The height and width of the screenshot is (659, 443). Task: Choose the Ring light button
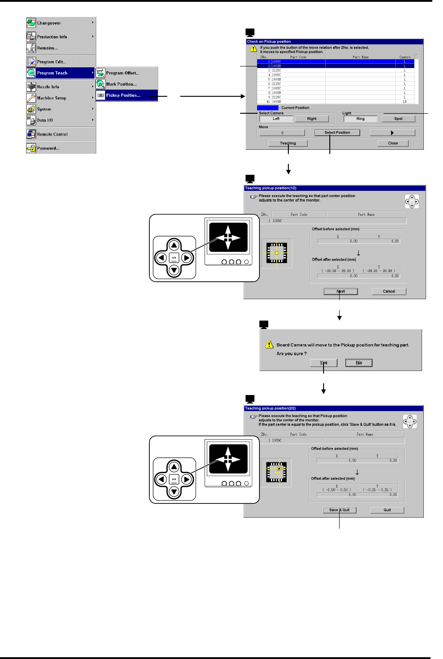(x=361, y=119)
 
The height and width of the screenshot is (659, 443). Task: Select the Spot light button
(x=398, y=119)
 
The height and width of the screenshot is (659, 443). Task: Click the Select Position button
(x=337, y=133)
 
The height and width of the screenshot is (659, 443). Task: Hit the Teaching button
(x=288, y=144)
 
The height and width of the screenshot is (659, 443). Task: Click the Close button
(x=393, y=144)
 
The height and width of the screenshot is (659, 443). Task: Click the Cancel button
(x=389, y=292)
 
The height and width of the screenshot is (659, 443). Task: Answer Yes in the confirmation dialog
(x=324, y=363)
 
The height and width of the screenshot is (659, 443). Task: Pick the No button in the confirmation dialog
(x=359, y=363)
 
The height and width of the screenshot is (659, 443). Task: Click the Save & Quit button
(x=340, y=510)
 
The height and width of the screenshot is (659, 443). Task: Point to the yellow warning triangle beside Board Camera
(x=269, y=345)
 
